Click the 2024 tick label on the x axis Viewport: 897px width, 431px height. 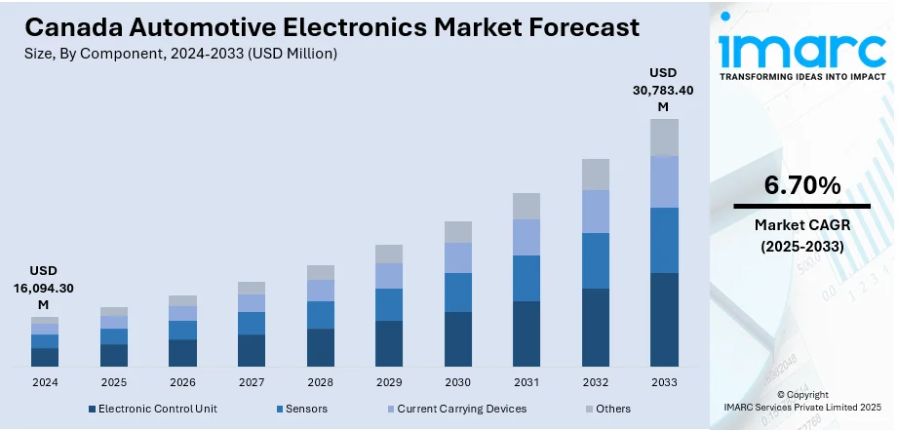coord(45,381)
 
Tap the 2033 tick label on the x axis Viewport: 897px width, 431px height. coord(664,381)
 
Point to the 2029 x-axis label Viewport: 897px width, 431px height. coord(389,381)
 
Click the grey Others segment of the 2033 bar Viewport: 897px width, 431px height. coord(664,137)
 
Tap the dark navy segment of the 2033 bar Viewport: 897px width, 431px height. coord(664,319)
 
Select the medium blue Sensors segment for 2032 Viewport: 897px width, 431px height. coord(596,260)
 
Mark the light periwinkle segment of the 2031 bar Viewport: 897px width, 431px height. coord(526,237)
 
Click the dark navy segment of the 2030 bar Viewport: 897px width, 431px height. coord(458,338)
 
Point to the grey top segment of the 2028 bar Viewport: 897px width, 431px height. coord(321,272)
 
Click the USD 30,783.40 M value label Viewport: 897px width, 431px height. coord(663,90)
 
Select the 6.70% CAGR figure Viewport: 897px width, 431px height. coord(801,185)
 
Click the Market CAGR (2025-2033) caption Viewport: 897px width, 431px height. coord(801,236)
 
